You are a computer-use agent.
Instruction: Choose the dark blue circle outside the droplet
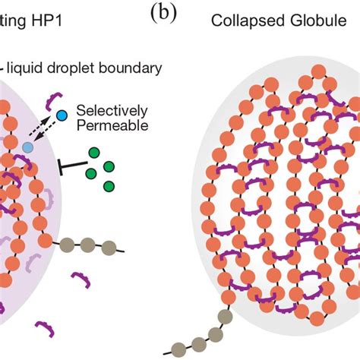(x=62, y=115)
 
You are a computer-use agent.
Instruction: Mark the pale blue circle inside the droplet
(x=28, y=147)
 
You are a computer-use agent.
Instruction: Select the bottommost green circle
(x=109, y=186)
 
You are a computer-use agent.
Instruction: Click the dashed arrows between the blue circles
(x=45, y=131)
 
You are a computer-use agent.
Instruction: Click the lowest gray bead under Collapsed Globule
(x=178, y=350)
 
